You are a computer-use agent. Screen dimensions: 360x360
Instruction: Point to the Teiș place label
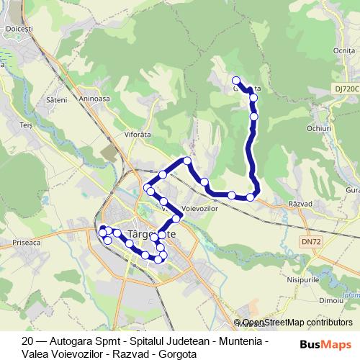(27, 125)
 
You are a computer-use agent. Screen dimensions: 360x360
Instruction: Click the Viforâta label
(138, 134)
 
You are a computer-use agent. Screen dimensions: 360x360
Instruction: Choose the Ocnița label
(344, 50)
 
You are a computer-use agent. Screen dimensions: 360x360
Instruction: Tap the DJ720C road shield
(346, 87)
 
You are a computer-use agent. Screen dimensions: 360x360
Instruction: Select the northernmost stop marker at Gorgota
(236, 80)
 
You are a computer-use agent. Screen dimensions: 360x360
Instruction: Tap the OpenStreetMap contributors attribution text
(297, 323)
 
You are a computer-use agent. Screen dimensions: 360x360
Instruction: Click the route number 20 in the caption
(28, 341)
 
